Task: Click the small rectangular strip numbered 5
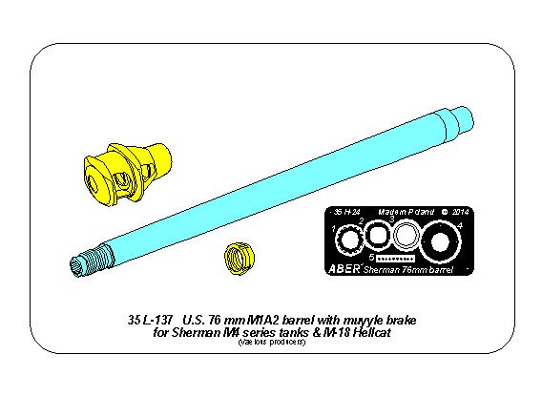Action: click(395, 258)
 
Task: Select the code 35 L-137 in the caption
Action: click(152, 319)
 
